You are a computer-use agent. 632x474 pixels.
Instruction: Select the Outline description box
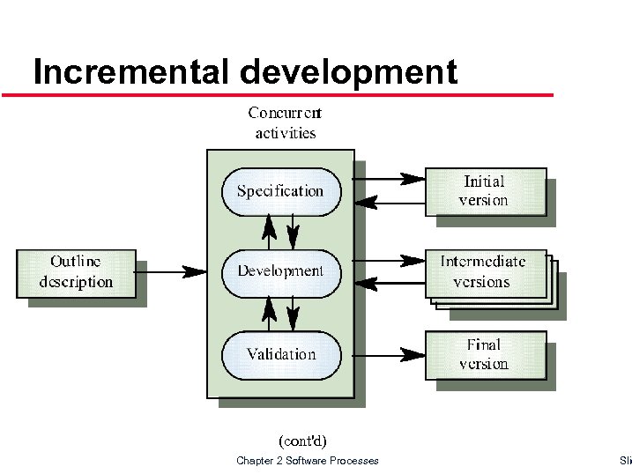(x=77, y=272)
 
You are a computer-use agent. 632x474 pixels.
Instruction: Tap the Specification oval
(x=280, y=191)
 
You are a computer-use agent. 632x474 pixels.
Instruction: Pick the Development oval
(x=280, y=271)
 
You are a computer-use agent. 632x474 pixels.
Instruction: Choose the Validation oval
(x=280, y=355)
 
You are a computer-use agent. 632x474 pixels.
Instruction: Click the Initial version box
(x=485, y=191)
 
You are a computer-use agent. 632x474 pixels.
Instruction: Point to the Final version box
(x=485, y=355)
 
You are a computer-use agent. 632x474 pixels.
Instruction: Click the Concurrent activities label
(x=285, y=122)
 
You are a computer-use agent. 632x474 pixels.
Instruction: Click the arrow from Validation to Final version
(x=383, y=355)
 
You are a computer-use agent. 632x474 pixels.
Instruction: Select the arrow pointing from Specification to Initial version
(x=383, y=179)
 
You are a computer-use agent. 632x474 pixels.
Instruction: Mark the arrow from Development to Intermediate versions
(x=383, y=261)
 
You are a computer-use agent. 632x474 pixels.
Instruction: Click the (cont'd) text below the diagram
(x=301, y=440)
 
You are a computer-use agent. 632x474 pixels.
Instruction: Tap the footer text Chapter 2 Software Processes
(x=307, y=461)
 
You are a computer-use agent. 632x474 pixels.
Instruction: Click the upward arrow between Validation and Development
(x=270, y=313)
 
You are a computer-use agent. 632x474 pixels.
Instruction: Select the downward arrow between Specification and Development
(x=294, y=232)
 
